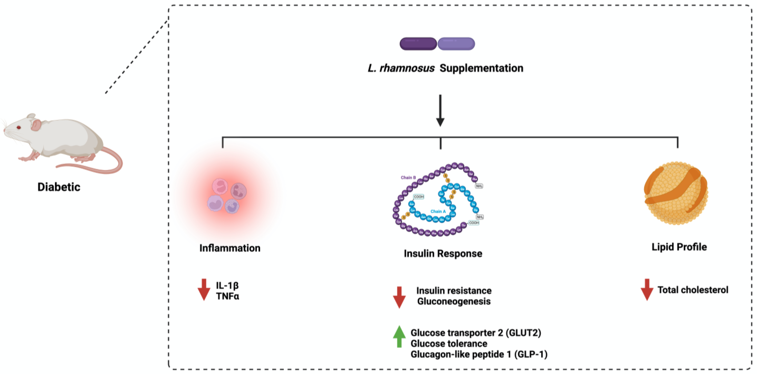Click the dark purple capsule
coord(418,44)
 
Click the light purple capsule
coord(456,44)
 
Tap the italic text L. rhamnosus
coord(401,68)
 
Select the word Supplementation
coord(481,68)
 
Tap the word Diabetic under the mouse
coord(59,187)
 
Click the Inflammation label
coord(230,248)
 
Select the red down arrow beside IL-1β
coord(204,290)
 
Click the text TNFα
coord(227,296)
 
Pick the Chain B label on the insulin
coord(408,178)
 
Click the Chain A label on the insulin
coord(438,211)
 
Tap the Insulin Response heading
coord(443,253)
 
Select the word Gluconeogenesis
coord(454,301)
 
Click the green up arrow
coord(399,337)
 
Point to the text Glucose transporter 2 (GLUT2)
coord(476,333)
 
